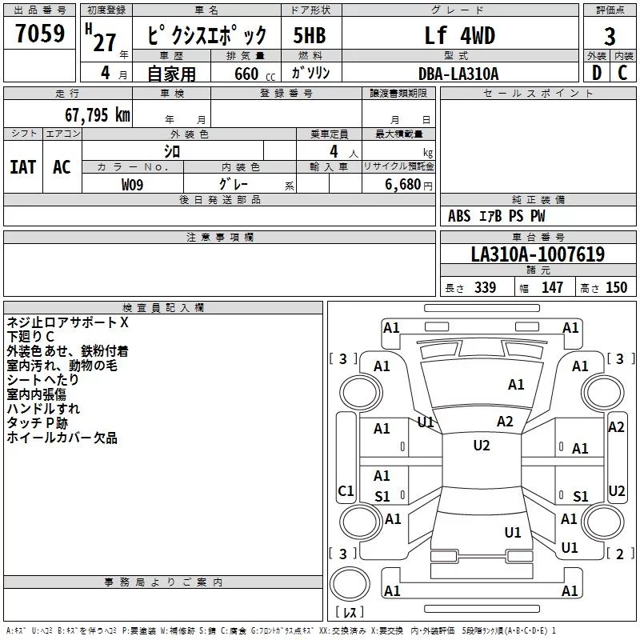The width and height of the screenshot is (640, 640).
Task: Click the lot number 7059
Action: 40,34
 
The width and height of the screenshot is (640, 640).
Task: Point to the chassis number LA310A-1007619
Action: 538,255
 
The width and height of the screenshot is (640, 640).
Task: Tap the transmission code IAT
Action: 23,166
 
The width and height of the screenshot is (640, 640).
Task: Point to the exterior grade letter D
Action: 595,74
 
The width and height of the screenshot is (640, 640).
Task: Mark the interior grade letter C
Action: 623,74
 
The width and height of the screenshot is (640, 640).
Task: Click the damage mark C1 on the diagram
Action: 346,490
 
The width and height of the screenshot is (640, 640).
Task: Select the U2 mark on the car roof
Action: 481,446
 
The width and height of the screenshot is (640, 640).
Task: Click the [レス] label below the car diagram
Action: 349,612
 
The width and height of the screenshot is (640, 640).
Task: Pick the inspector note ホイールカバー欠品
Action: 62,438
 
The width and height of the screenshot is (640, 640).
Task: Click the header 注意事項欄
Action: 220,237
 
